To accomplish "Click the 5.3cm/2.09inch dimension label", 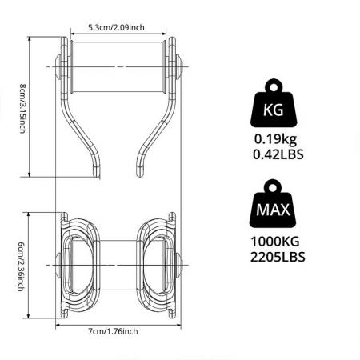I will click(118, 27).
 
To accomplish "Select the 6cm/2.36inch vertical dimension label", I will click(23, 265).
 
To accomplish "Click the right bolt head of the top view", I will click(179, 64).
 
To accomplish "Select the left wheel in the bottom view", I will click(82, 264).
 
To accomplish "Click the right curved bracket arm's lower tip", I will click(140, 167).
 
